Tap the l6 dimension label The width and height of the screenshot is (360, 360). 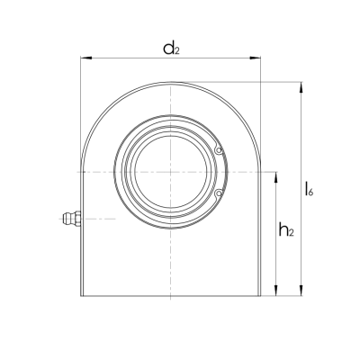pos(309,189)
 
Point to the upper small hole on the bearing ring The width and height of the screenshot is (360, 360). pos(218,150)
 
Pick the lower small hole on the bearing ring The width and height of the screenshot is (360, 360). pos(218,192)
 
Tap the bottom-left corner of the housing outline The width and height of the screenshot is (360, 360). pos(82,297)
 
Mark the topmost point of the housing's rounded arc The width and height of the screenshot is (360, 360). pos(171,83)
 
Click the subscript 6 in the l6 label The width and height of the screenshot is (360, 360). pos(312,193)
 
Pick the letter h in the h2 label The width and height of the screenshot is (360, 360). pos(282,229)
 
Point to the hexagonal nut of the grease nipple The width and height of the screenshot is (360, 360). pos(76,218)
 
